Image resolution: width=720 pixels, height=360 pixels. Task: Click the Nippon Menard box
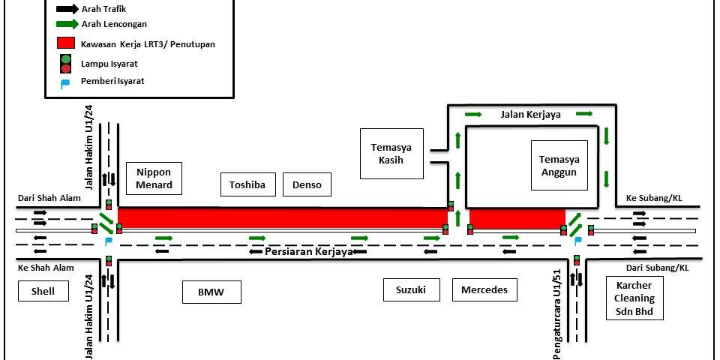[154, 179]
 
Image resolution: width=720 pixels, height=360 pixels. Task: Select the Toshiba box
[248, 184]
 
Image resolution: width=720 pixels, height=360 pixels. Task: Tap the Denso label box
[307, 184]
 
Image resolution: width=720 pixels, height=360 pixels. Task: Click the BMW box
[212, 292]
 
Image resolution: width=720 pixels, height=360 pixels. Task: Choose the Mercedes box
[484, 289]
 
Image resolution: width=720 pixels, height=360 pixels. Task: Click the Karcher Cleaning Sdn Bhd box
[634, 298]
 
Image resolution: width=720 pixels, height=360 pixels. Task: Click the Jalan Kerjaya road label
[529, 115]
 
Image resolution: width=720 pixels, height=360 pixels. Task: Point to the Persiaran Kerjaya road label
[309, 252]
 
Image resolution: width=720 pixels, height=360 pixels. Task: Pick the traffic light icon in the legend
[66, 64]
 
